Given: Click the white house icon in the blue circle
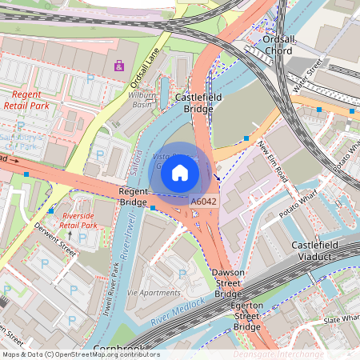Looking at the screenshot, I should [x=180, y=172].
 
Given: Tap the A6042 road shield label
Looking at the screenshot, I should [x=204, y=202].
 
